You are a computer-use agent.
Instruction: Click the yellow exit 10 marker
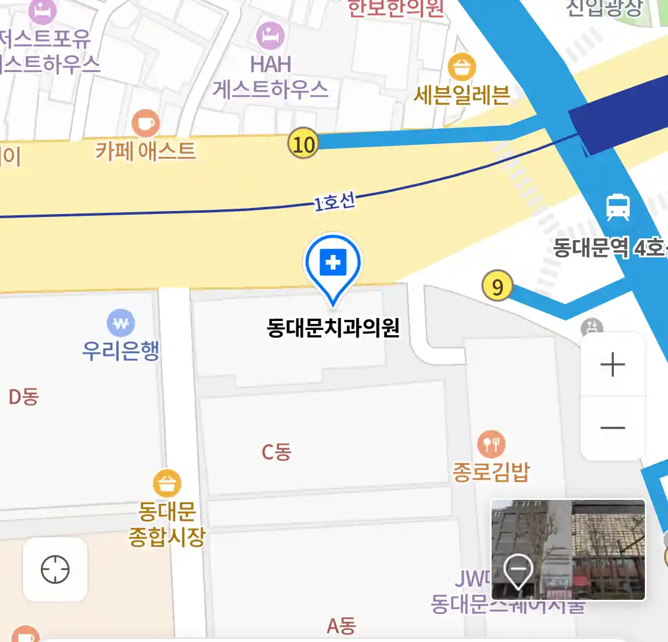[303, 144]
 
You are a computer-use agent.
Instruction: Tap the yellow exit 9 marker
[497, 287]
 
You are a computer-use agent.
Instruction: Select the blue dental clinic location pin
[333, 263]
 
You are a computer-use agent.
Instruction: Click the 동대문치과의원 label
[333, 328]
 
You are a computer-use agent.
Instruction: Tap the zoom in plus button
[613, 364]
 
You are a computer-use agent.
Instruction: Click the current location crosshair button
[55, 569]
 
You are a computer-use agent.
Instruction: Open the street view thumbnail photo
[568, 550]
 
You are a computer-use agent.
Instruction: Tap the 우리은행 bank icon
[121, 323]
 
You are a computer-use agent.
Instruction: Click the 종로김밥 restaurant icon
[491, 444]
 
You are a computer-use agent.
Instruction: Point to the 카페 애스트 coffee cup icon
[145, 123]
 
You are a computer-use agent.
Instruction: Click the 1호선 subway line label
[334, 203]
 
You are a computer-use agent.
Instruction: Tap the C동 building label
[277, 452]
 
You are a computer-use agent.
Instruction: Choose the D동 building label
[24, 396]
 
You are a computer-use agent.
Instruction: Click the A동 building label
[341, 625]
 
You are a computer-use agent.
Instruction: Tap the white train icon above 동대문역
[618, 207]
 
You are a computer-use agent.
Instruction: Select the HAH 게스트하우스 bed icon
[270, 36]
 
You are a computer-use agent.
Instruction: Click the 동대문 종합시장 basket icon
[167, 484]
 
